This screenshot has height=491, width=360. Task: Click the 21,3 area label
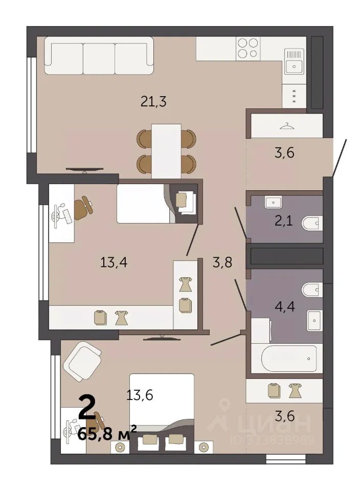tap(153, 101)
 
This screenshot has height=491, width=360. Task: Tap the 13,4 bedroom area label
tap(114, 262)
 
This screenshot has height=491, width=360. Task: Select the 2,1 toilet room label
tap(284, 221)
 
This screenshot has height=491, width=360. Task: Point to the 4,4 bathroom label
tap(284, 306)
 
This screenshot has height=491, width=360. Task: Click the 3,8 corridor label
tap(222, 262)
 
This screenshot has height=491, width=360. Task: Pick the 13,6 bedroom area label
tap(140, 395)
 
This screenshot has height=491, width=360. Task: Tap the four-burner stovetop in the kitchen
tap(248, 48)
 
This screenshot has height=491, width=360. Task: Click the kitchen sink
tap(294, 61)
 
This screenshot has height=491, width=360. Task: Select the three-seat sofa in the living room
tap(99, 56)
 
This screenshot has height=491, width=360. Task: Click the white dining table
tap(166, 151)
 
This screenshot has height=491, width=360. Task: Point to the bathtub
tap(287, 358)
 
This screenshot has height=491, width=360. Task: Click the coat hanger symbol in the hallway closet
tap(287, 126)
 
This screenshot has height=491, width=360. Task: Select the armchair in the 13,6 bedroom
tap(82, 361)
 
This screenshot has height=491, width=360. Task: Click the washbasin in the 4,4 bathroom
tap(314, 321)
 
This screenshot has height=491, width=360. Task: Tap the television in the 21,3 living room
tap(84, 170)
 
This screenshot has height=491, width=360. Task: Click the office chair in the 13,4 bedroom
tap(83, 208)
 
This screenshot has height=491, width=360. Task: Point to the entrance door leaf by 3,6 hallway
tap(340, 159)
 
